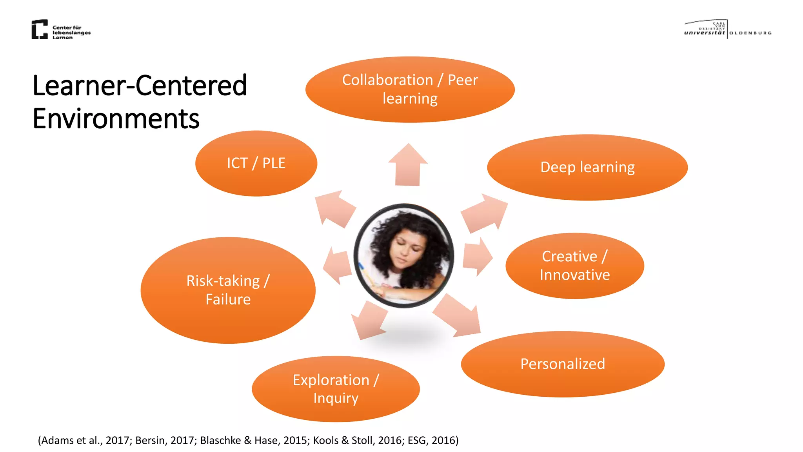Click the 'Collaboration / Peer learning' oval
tap(410, 89)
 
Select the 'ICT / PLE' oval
tap(256, 163)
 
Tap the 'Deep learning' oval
tap(587, 168)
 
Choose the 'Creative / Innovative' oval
tap(574, 266)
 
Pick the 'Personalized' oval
tap(562, 364)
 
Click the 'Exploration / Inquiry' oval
tap(336, 389)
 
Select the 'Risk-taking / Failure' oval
tap(228, 290)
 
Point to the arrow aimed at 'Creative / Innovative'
tap(477, 257)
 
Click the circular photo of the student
tap(404, 255)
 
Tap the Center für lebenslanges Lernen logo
tap(61, 29)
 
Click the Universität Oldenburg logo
tap(728, 29)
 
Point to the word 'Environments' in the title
tap(116, 118)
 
